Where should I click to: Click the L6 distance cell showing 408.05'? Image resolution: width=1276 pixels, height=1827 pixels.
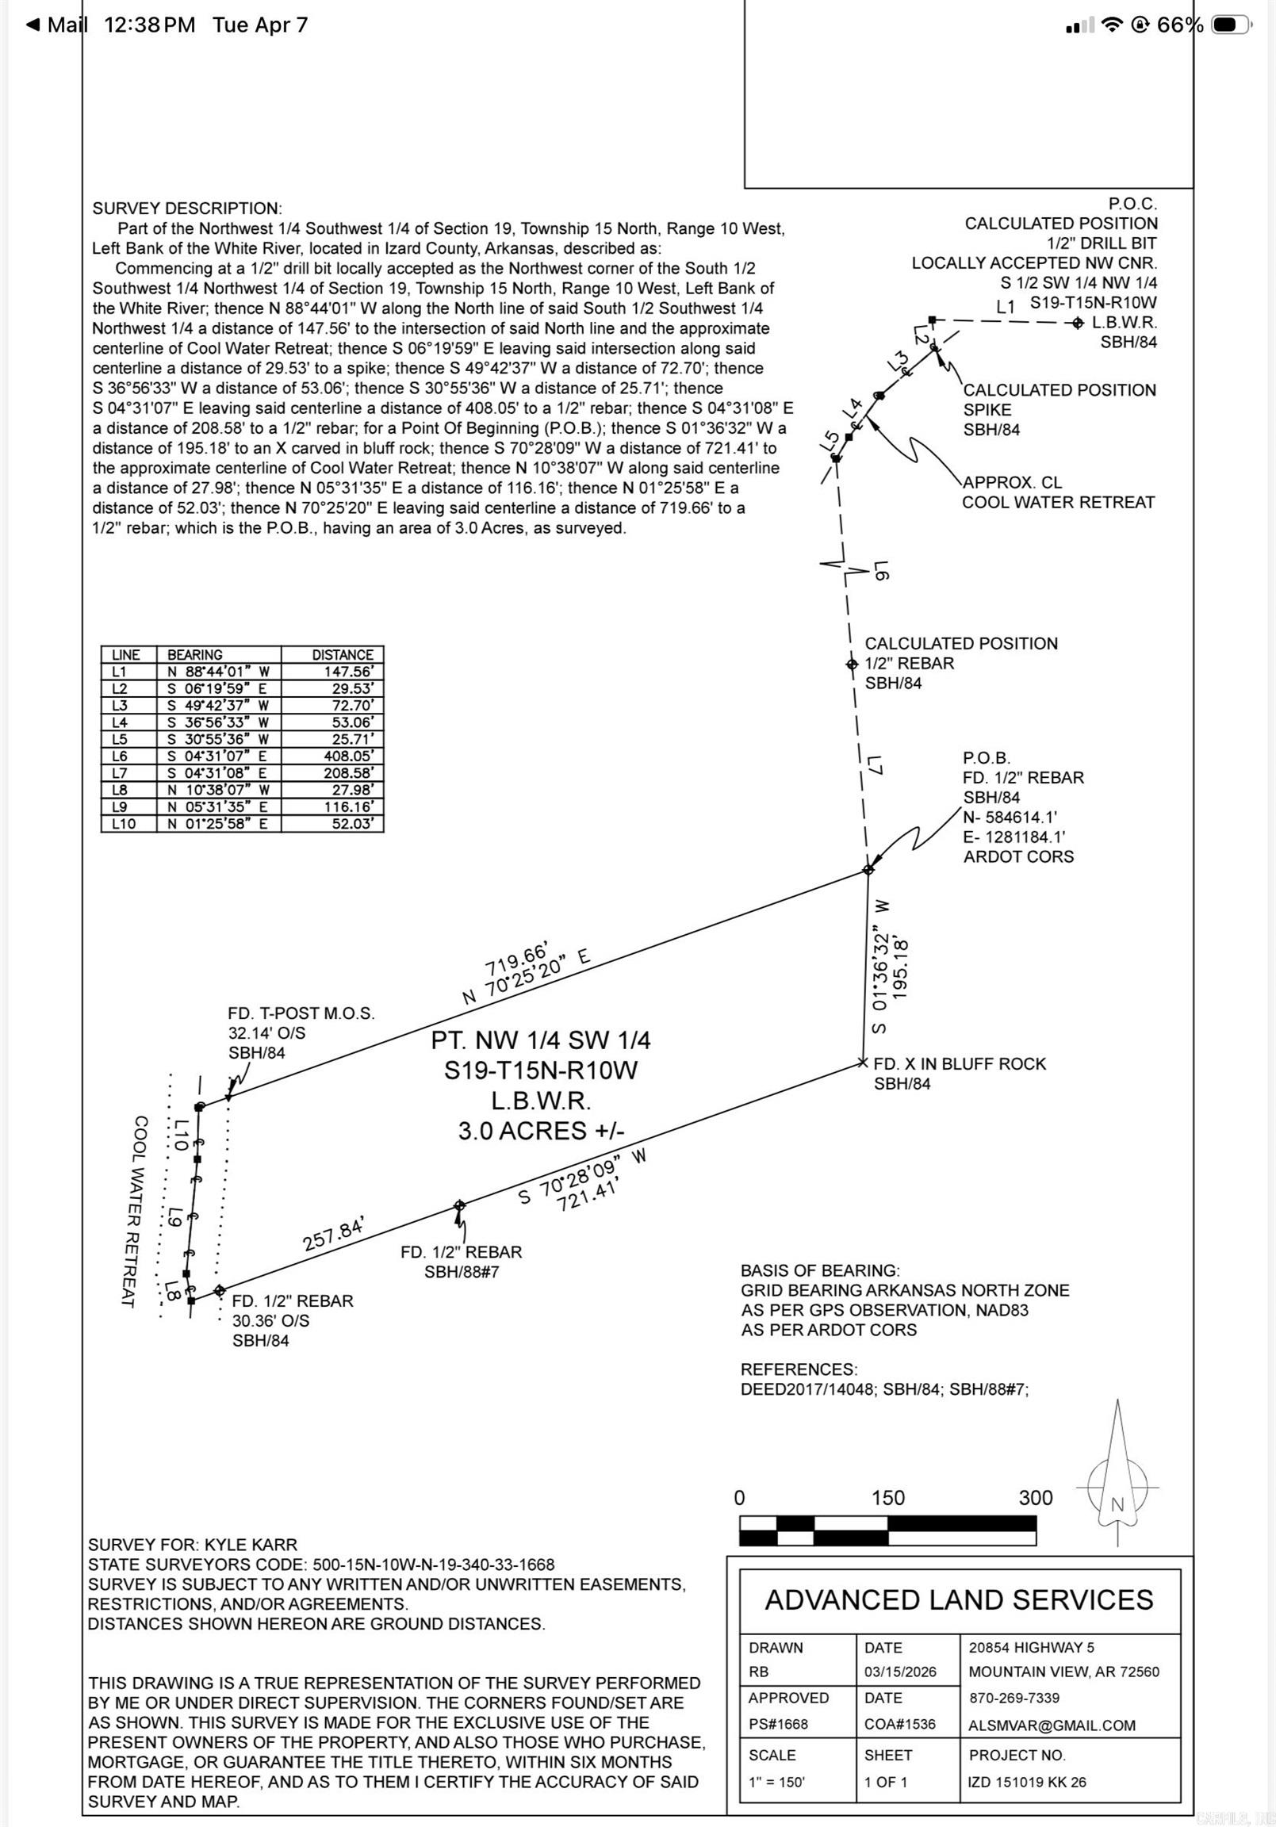348,756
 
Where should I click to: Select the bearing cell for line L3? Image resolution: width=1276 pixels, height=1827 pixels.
217,705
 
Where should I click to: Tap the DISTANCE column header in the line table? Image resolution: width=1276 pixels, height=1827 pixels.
343,654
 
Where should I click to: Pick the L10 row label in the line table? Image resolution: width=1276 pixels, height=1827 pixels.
125,824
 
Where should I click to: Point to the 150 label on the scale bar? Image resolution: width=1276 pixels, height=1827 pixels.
887,1498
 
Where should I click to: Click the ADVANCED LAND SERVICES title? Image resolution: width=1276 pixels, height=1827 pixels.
959,1599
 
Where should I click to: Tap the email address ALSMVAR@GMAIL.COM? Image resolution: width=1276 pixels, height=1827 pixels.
1052,1725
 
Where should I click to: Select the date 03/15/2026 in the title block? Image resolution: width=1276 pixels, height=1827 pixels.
899,1672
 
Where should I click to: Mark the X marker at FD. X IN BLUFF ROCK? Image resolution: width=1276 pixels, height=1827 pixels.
862,1063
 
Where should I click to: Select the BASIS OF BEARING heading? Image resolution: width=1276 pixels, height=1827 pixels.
820,1271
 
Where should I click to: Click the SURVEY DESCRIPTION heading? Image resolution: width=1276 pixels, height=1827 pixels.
186,209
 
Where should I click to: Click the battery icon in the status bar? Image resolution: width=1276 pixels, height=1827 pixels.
1231,25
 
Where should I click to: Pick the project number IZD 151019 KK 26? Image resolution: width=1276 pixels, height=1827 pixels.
1026,1782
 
